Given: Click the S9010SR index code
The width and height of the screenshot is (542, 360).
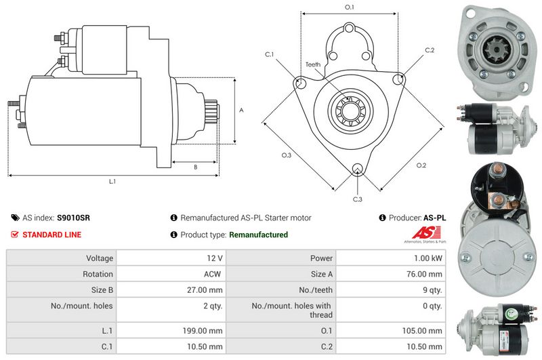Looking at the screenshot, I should (x=73, y=218).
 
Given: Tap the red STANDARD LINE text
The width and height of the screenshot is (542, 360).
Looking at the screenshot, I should (x=52, y=235).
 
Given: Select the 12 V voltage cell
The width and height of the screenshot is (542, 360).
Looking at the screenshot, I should (x=215, y=258).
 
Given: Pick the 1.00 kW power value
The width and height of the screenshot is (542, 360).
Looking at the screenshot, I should (x=430, y=258).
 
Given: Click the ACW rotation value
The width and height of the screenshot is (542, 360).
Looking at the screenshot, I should (x=213, y=275).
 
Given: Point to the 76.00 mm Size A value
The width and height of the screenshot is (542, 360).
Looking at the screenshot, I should (x=425, y=275).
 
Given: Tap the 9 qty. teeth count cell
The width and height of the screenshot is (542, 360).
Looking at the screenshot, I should (x=431, y=290).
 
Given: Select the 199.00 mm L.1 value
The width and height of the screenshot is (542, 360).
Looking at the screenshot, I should (x=203, y=330).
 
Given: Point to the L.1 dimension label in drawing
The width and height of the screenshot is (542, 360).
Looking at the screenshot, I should (x=112, y=181).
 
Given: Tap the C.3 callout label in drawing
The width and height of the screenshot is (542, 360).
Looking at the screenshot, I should (x=358, y=199).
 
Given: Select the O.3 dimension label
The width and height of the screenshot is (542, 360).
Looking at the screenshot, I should (x=287, y=155).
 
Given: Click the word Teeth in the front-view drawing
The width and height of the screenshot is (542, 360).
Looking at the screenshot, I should (x=313, y=64).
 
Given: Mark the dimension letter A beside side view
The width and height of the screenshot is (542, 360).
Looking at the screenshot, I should (x=241, y=110).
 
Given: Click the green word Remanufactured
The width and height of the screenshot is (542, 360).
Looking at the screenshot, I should (x=258, y=235).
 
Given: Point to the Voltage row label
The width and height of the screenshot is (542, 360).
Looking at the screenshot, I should (x=98, y=258).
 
